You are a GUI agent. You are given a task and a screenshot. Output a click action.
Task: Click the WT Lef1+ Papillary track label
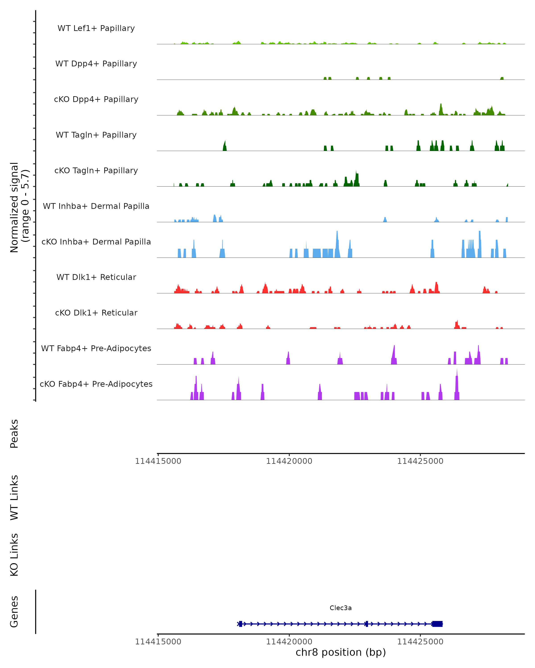coord(96,28)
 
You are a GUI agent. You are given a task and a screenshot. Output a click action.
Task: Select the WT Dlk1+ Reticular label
coord(96,277)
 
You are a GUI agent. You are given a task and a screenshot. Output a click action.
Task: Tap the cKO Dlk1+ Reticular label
coord(96,313)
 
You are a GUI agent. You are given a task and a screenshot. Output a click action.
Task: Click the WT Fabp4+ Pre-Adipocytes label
coord(96,348)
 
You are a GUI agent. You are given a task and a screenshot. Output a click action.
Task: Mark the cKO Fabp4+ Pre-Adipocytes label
coord(96,384)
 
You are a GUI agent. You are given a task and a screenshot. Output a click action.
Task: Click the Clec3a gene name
coord(341,608)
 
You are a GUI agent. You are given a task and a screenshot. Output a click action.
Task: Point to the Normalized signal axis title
coord(19,207)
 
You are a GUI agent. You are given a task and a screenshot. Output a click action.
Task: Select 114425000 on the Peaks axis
coord(420,461)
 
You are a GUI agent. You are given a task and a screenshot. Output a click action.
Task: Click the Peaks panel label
coord(14,434)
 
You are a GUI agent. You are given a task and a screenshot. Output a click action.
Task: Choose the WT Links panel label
coord(14,497)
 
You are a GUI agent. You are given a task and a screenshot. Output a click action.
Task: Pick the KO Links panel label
coord(14,555)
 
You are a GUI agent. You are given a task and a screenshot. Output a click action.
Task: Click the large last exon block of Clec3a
coord(437,624)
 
